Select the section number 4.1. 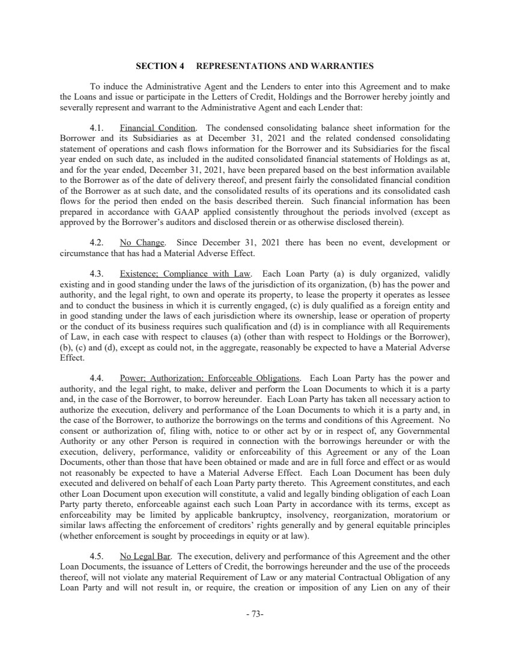97,128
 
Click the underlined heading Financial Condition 158,128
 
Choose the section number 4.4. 97,378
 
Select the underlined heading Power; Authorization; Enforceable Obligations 210,378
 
